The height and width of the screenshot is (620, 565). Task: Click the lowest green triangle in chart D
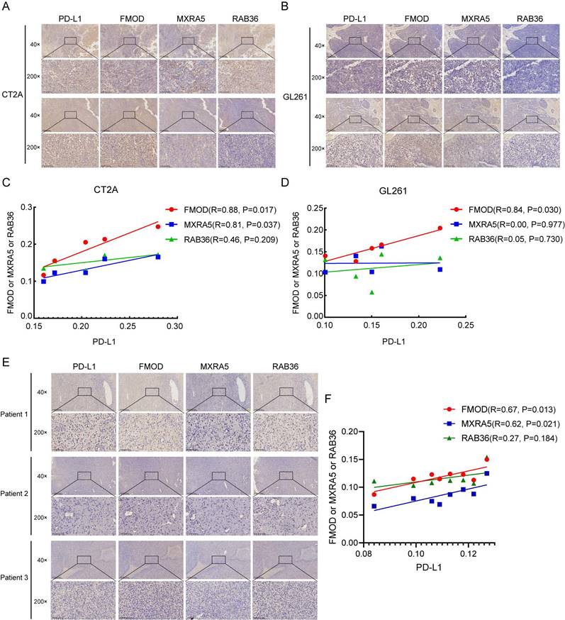coord(371,292)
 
